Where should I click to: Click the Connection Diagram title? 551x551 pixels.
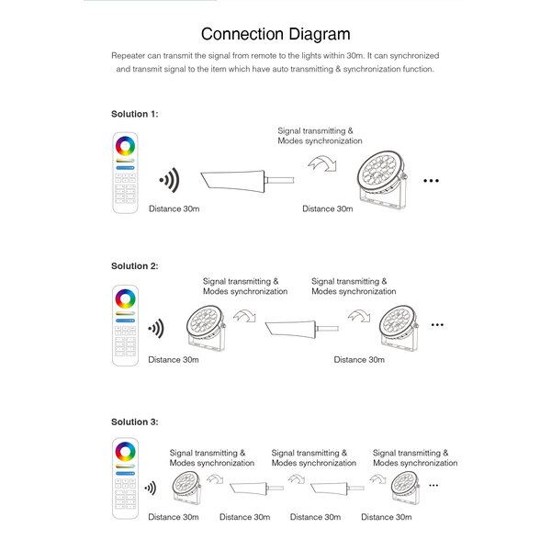tap(275, 35)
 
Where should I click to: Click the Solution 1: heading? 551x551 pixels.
tap(135, 114)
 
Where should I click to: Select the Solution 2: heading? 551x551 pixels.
tap(135, 265)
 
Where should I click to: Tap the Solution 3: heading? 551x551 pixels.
tap(135, 422)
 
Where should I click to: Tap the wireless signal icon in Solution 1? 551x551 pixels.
tap(167, 179)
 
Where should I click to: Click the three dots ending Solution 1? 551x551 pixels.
tap(432, 182)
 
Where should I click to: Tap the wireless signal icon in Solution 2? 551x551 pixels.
tap(157, 328)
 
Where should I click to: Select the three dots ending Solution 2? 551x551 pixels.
tap(437, 325)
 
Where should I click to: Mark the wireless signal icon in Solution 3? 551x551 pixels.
tap(149, 488)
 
